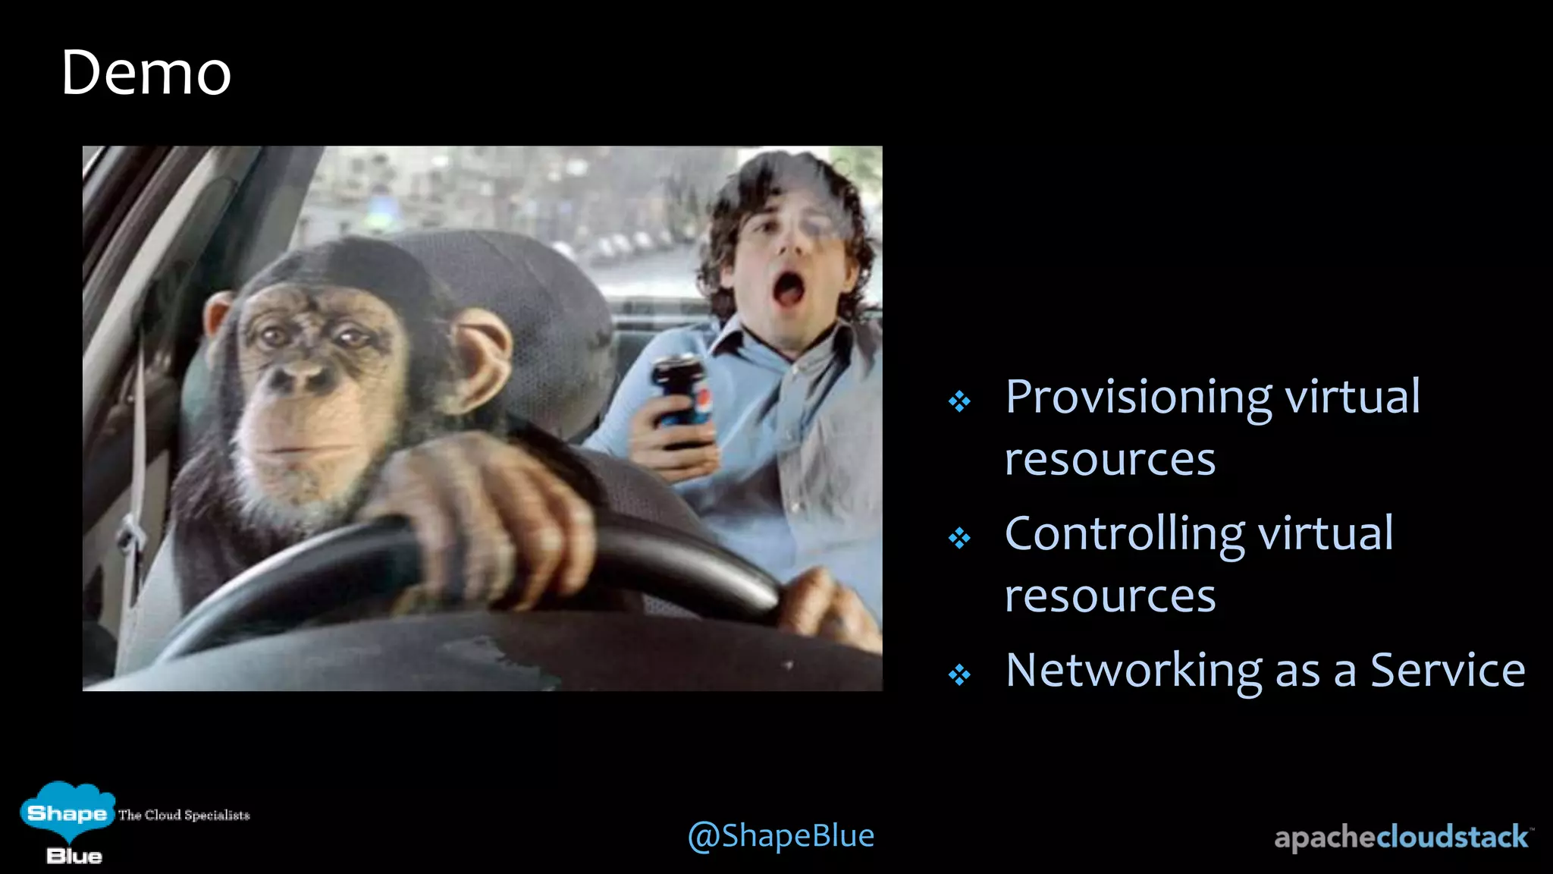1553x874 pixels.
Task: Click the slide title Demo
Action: coord(146,73)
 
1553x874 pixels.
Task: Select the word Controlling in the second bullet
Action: coord(1124,534)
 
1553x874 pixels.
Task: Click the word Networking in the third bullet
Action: coord(1134,671)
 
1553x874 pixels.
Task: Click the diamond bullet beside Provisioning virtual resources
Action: coord(959,401)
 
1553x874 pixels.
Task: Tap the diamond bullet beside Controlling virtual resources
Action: coord(959,538)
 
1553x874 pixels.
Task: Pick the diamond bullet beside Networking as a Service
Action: coord(959,674)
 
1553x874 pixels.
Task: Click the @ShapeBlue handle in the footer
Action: coord(780,836)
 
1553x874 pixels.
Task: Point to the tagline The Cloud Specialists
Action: coord(184,815)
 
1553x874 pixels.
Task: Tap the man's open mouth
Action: coord(787,290)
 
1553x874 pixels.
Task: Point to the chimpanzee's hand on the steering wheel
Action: coord(485,516)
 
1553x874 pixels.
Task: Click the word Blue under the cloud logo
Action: coord(74,857)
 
